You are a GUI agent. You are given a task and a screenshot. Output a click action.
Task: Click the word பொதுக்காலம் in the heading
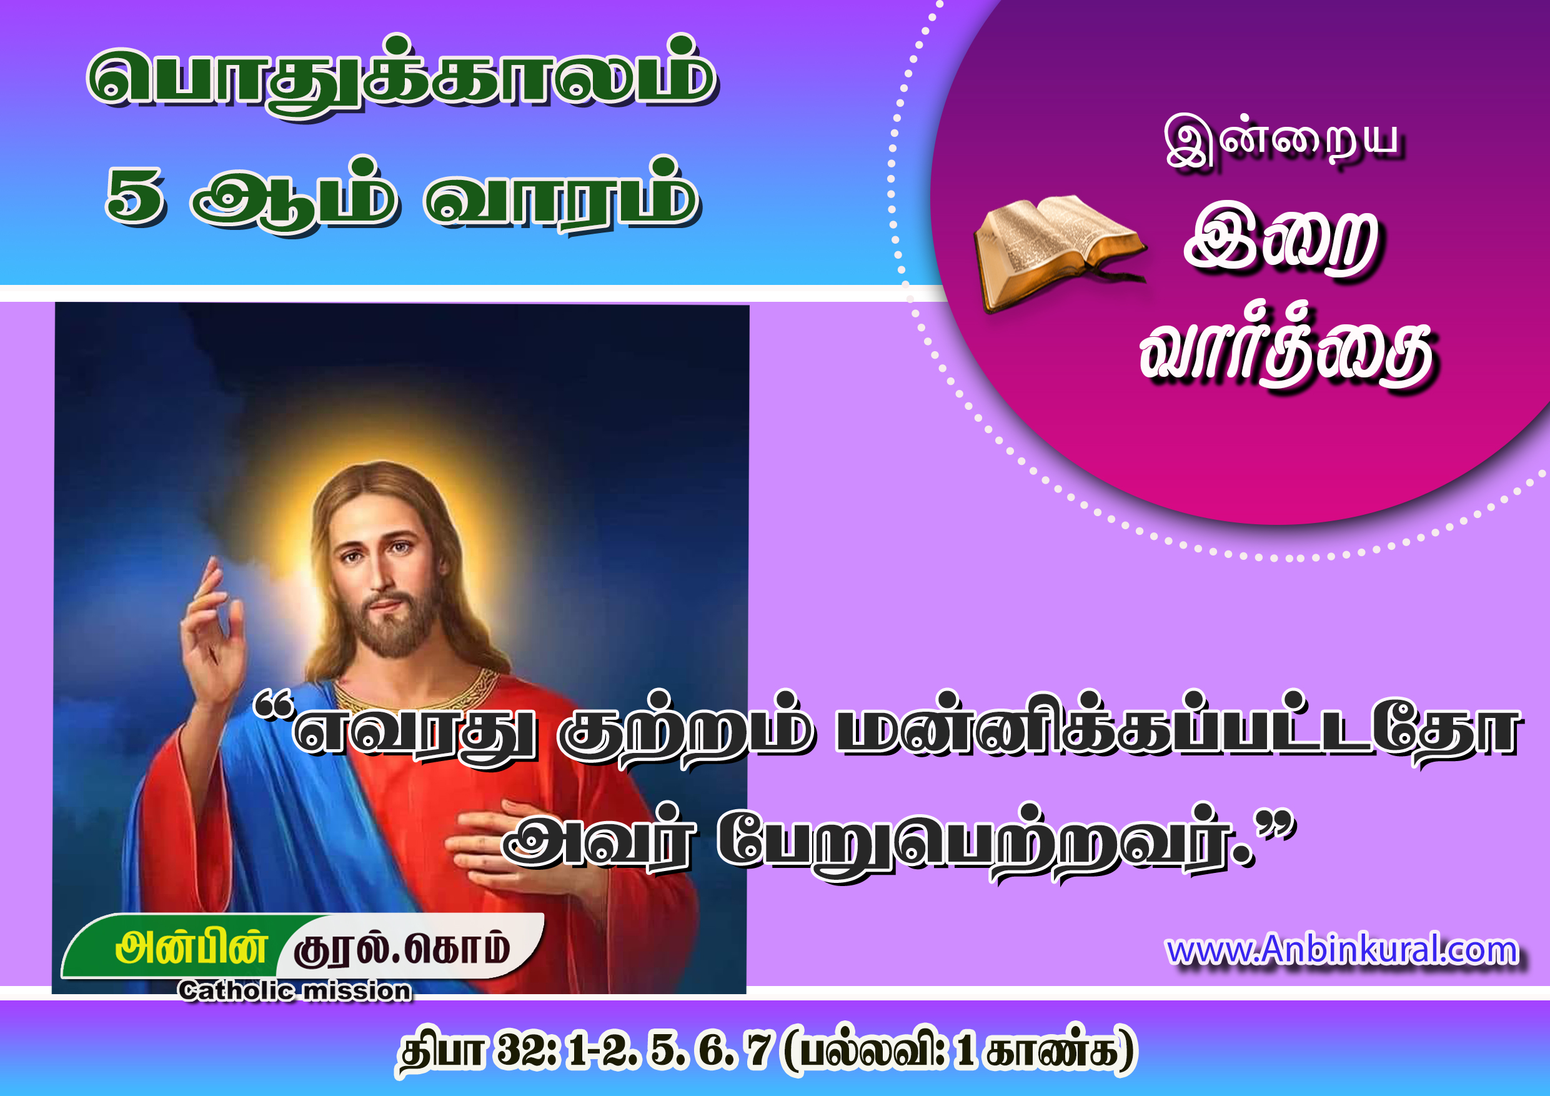coord(402,76)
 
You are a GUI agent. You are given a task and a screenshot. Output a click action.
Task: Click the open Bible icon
coord(1059,253)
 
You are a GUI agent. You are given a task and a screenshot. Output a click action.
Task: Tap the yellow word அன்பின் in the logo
coord(191,947)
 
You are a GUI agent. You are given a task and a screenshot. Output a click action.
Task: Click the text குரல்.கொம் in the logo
coord(402,949)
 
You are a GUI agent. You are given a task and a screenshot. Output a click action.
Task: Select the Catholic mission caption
coord(295,990)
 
